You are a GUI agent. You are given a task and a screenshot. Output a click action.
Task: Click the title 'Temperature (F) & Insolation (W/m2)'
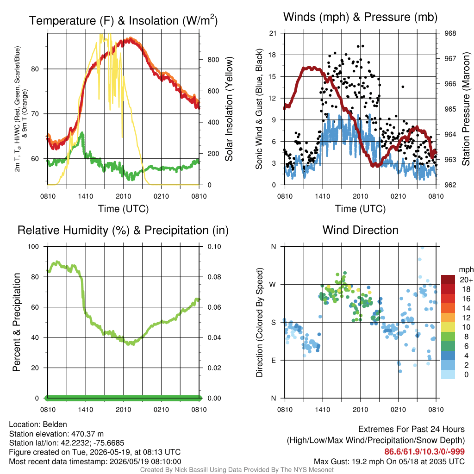tap(123, 20)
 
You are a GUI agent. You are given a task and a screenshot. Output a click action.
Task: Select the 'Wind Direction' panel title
tap(360, 230)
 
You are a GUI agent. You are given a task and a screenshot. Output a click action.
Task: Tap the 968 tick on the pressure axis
tap(450, 33)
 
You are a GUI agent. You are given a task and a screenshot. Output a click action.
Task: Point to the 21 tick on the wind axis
tap(273, 33)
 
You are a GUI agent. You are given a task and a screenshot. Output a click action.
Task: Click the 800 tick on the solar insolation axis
tap(213, 60)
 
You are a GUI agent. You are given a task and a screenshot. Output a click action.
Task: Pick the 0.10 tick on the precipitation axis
tap(214, 247)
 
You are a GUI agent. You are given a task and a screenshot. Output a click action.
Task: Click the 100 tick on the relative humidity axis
tap(33, 247)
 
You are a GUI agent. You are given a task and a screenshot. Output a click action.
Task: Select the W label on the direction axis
tap(273, 285)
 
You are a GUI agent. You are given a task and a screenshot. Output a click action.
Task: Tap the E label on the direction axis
tap(273, 360)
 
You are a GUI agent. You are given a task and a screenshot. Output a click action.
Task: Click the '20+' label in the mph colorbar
tap(466, 280)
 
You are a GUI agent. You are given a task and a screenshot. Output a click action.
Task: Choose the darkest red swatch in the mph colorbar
tap(448, 280)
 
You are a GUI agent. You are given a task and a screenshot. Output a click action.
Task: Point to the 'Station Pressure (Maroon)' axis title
tap(466, 109)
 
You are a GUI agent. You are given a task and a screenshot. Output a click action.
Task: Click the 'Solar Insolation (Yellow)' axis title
tap(229, 109)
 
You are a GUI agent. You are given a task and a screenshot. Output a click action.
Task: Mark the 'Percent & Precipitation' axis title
tap(16, 322)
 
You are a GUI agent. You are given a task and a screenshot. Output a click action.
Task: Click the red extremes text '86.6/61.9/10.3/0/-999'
tap(424, 452)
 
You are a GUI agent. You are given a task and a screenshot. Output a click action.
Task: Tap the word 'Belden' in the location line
tap(55, 424)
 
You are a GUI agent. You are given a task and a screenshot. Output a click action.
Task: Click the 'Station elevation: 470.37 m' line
tap(56, 434)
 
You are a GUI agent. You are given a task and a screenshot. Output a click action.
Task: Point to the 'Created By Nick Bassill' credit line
tap(237, 470)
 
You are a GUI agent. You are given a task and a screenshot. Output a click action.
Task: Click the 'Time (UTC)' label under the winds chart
tap(360, 209)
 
